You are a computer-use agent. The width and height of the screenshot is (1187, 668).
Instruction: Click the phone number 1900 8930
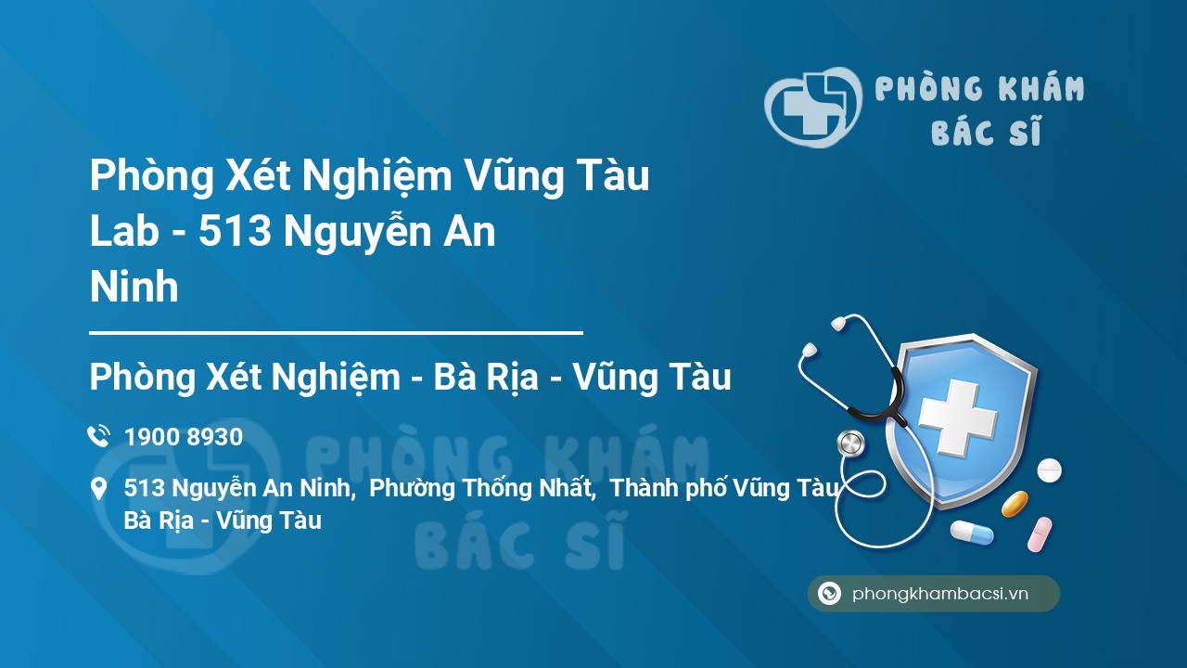click(x=184, y=437)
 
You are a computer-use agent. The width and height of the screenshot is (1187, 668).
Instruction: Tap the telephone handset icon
click(x=98, y=436)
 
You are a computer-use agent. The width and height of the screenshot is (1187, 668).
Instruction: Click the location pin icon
click(x=98, y=489)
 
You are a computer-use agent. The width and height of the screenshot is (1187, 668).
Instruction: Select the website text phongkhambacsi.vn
click(x=940, y=595)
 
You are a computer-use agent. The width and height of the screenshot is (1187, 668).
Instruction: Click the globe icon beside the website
click(x=829, y=594)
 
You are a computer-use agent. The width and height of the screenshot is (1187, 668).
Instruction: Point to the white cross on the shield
click(x=957, y=417)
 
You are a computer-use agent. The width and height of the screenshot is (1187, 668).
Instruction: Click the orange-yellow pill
click(x=1015, y=504)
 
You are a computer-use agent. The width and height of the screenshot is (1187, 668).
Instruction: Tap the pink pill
click(x=1040, y=533)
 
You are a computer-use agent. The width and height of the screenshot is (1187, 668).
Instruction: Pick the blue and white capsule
click(x=971, y=532)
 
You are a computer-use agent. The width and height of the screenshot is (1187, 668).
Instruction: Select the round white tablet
click(x=1049, y=469)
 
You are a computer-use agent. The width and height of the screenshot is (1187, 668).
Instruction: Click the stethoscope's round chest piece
click(x=850, y=443)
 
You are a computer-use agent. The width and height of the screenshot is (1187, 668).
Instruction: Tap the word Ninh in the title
click(x=134, y=288)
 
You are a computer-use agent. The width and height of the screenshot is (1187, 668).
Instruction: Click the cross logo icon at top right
click(x=810, y=107)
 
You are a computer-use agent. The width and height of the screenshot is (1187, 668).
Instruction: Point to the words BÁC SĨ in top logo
click(x=986, y=132)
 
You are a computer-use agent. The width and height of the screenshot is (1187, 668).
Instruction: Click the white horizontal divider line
click(x=336, y=331)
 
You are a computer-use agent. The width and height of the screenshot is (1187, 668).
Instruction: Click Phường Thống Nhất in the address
click(x=481, y=488)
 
